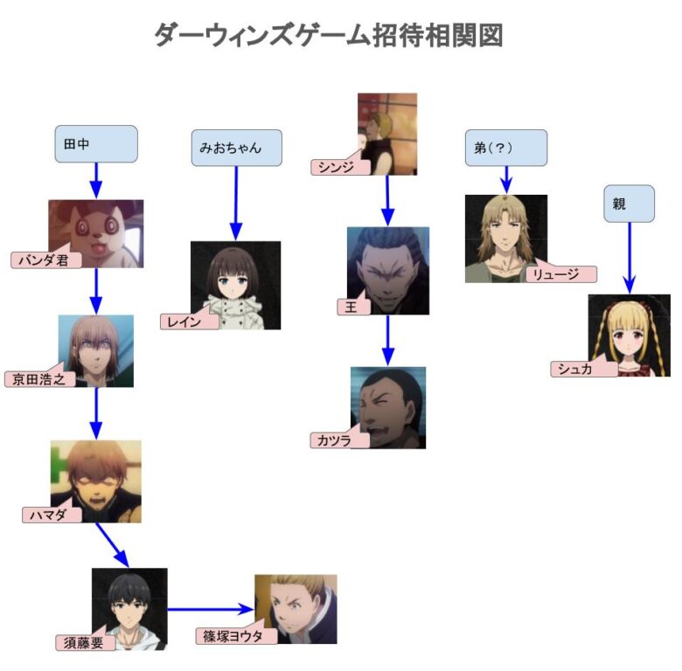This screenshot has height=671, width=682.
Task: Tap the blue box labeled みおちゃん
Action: [x=236, y=148]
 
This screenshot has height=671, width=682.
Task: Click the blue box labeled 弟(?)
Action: [x=505, y=148]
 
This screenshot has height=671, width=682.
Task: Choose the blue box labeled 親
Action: [x=628, y=203]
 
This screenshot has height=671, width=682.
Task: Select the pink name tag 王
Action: [x=354, y=307]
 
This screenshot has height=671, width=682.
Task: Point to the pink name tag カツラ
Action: [x=338, y=441]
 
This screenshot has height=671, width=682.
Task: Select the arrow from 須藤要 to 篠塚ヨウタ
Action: [x=210, y=609]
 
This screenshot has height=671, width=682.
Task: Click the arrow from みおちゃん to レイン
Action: [x=236, y=201]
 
